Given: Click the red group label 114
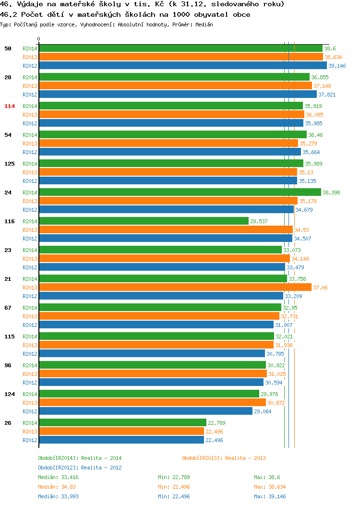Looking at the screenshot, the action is click(x=9, y=106).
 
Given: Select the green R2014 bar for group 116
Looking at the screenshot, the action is click(x=144, y=221).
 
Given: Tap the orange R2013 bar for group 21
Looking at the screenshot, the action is click(x=176, y=287).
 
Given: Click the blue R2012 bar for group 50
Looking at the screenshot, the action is click(x=183, y=65).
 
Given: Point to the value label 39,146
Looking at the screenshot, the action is click(x=337, y=66).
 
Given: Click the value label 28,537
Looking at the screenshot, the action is click(x=259, y=221).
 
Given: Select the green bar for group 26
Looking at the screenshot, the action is click(x=123, y=422).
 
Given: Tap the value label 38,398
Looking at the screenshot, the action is click(x=331, y=192).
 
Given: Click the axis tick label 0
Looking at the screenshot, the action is click(x=39, y=39).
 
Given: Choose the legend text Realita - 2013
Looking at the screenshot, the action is click(x=245, y=458).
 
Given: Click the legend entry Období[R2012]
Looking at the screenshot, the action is click(x=58, y=468).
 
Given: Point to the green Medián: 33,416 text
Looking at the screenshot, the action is click(x=58, y=477).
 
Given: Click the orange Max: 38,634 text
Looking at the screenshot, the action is click(x=270, y=487).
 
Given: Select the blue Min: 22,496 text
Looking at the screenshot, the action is click(x=174, y=497).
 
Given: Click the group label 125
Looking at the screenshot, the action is click(x=9, y=164).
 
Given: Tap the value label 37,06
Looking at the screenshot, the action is click(x=320, y=288).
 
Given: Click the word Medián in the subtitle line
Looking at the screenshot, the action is click(x=204, y=24).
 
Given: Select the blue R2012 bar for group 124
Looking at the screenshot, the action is click(x=146, y=411).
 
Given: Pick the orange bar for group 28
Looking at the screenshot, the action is click(x=176, y=85).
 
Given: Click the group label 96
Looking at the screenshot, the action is click(x=8, y=365).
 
